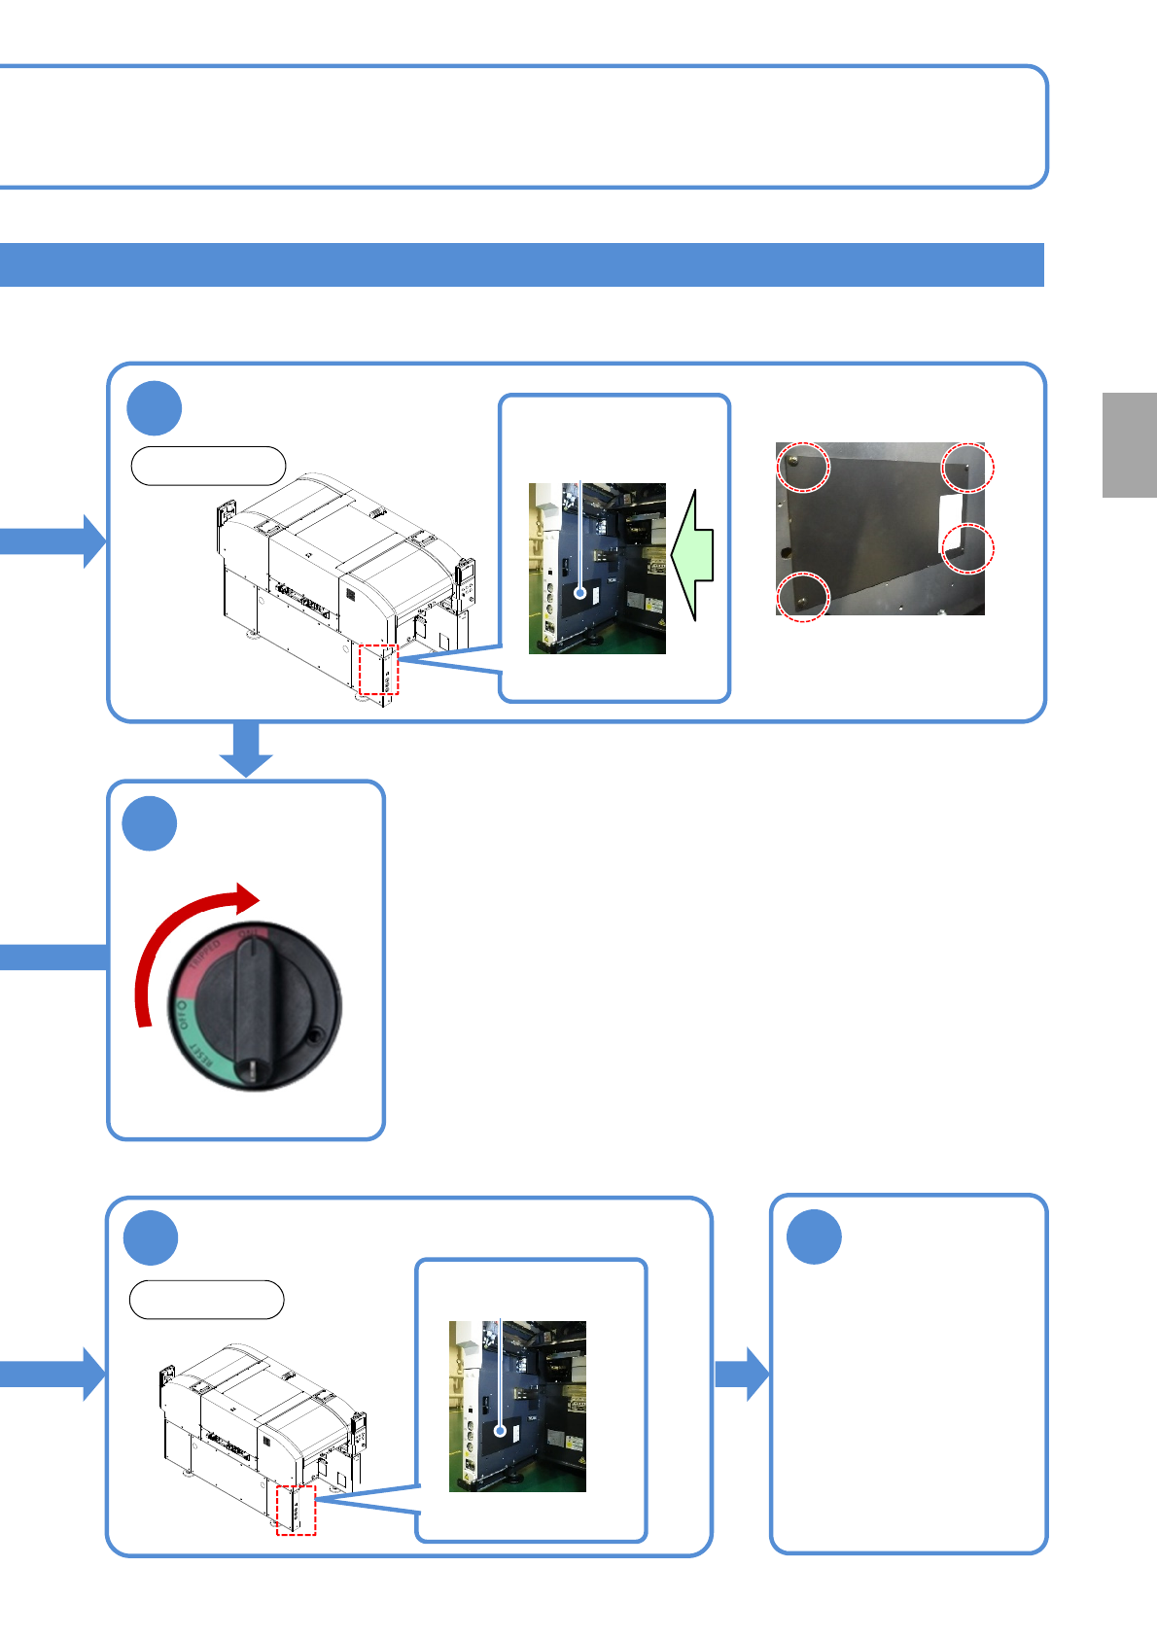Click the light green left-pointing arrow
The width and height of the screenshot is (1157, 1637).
pos(693,555)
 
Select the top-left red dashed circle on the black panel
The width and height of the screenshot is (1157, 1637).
pos(803,467)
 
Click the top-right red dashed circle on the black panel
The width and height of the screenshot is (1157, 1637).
pos(967,467)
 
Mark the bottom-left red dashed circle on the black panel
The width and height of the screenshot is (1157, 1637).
pos(802,597)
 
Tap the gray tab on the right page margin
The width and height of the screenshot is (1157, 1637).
pos(1129,444)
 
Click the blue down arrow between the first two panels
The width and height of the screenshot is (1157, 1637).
pos(246,749)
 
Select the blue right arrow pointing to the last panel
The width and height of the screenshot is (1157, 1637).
pos(741,1374)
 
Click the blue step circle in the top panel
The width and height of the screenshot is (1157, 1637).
pos(154,408)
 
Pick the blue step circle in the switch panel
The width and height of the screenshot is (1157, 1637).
pos(150,824)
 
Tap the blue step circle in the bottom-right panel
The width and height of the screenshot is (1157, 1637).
pos(814,1236)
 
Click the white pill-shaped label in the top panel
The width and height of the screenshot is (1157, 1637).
pos(208,466)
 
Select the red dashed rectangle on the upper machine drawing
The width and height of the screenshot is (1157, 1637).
pos(378,669)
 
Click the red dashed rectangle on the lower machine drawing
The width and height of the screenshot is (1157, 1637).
pos(296,1510)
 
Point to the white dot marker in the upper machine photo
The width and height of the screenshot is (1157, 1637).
pos(580,592)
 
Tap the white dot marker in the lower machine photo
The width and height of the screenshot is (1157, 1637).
pos(501,1430)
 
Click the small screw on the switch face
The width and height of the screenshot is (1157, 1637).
pos(314,1039)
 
